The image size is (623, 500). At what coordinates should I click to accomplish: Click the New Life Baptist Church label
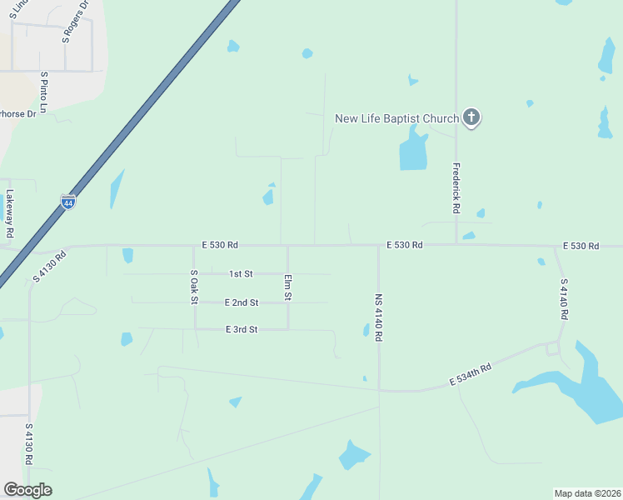(396, 118)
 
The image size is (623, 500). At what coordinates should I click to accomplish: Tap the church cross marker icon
(471, 117)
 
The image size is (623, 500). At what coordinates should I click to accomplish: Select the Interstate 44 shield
(68, 202)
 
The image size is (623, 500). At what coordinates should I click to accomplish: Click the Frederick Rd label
(456, 188)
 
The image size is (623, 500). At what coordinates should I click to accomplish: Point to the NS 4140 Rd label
(378, 317)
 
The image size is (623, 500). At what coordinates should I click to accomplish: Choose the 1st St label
(241, 273)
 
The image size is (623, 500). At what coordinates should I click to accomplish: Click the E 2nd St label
(242, 302)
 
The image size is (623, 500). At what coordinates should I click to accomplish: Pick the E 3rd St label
(242, 329)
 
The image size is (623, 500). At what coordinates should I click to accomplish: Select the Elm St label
(288, 287)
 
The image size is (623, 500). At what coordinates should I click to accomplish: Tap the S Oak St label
(193, 287)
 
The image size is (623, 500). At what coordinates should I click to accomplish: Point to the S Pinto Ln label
(44, 92)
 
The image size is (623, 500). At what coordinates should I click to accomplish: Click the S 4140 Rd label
(563, 299)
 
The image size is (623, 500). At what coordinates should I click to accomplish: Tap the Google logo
(27, 490)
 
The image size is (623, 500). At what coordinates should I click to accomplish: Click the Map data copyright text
(588, 492)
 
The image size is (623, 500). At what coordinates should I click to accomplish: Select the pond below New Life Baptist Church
(413, 152)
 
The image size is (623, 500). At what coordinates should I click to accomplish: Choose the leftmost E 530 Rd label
(220, 245)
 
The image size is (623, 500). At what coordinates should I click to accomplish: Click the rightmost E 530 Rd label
(581, 246)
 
